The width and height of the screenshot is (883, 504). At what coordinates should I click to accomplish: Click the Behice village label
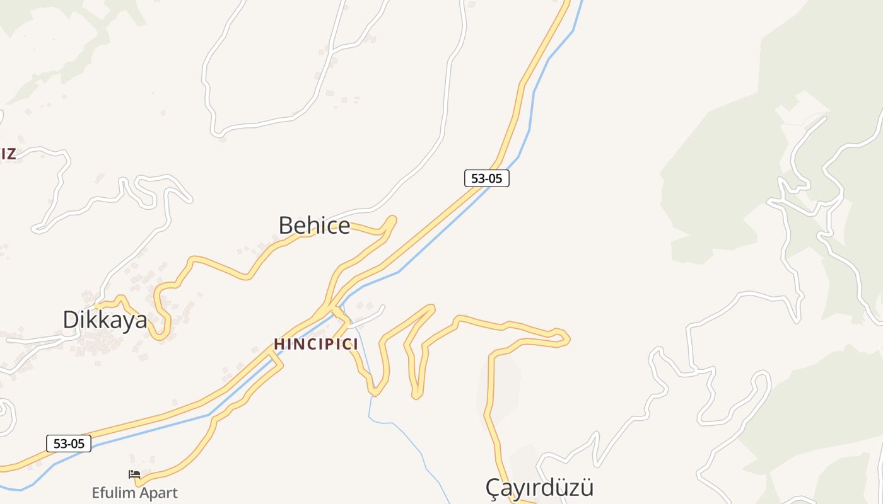pos(314,226)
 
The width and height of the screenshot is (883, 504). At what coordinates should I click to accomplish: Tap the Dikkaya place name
pos(105,320)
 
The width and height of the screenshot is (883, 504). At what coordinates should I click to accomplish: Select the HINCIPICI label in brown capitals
pos(316,345)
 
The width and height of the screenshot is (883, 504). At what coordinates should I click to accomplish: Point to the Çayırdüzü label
pos(539,488)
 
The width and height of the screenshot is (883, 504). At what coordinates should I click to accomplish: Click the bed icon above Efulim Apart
pos(134,474)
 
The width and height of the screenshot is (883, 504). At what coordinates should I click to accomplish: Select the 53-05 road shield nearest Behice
pos(486,178)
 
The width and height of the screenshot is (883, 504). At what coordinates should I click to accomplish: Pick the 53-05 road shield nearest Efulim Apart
pos(69,444)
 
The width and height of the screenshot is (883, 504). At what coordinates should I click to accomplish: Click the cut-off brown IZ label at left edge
pos(8,154)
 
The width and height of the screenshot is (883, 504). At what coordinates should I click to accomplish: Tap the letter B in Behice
pos(286,226)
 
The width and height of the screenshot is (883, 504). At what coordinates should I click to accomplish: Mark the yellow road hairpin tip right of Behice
pos(392,220)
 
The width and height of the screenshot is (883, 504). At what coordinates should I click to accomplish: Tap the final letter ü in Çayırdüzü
pos(587,488)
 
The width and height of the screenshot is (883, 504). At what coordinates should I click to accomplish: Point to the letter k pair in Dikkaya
pos(102,320)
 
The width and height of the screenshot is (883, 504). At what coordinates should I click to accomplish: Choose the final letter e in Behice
pos(344,227)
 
